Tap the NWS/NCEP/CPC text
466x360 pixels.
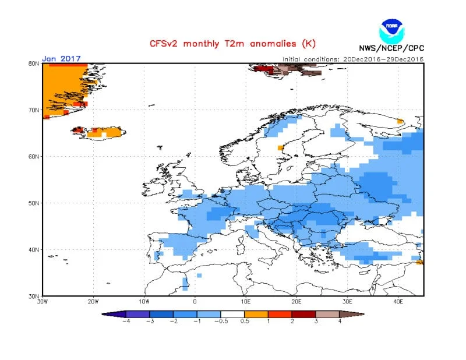[x=391, y=49]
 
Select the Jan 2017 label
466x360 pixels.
[x=61, y=59]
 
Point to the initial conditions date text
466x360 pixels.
[x=353, y=59]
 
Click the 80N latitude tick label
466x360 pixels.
[x=33, y=63]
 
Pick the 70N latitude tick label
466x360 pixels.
[x=33, y=110]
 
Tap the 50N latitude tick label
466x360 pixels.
[x=33, y=203]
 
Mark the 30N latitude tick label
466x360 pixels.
[x=33, y=296]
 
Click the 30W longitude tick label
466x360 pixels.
[x=43, y=302]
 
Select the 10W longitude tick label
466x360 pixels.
[x=144, y=302]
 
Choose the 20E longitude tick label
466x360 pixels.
[x=296, y=302]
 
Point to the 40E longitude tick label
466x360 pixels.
[x=398, y=302]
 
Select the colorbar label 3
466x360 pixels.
[x=316, y=321]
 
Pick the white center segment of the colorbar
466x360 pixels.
[x=232, y=313]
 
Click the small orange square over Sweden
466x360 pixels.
[x=281, y=147]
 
